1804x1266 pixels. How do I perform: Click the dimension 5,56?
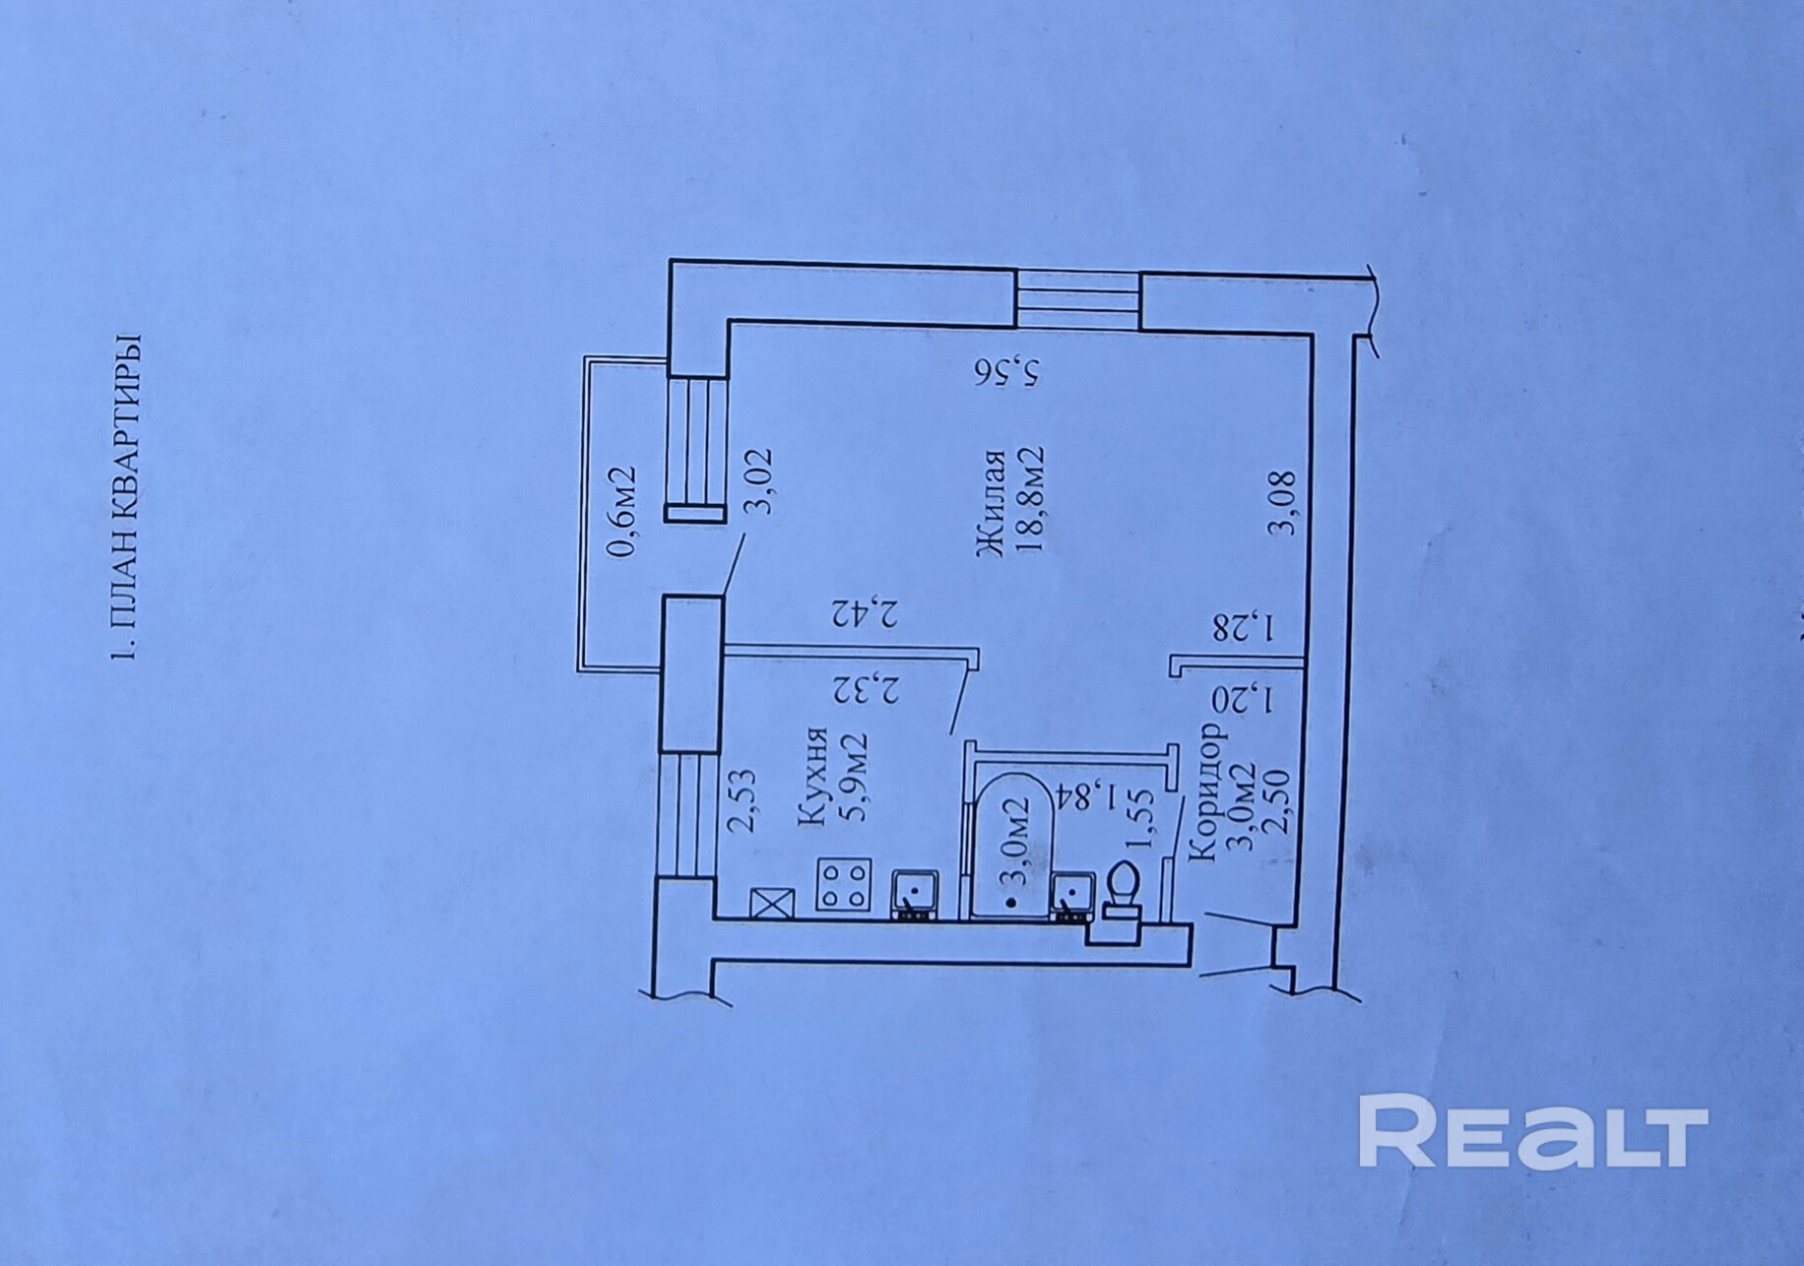pyautogui.click(x=1006, y=372)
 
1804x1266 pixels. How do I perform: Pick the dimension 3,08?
pyautogui.click(x=1283, y=504)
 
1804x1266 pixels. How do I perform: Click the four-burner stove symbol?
pyautogui.click(x=844, y=884)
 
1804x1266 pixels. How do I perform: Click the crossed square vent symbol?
pyautogui.click(x=772, y=902)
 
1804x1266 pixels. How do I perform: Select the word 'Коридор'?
pyautogui.click(x=1207, y=792)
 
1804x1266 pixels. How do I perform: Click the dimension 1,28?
pyautogui.click(x=1245, y=626)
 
